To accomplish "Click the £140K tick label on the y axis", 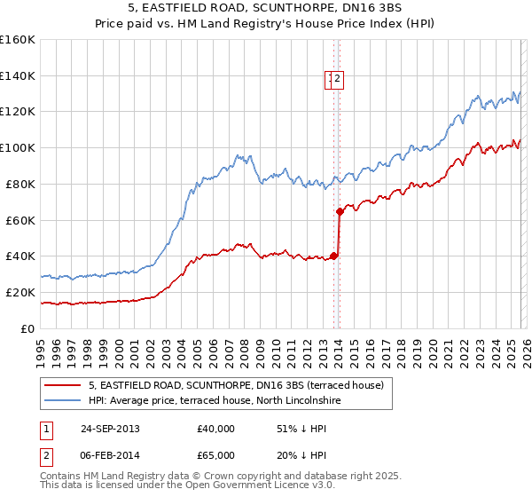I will tap(18, 75).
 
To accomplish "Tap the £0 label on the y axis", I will tap(27, 328).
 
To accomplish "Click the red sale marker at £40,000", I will tap(333, 256).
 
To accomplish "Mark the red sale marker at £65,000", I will tap(340, 211).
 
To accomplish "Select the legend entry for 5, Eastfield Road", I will tap(236, 385).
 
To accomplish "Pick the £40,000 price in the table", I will tap(215, 429).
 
